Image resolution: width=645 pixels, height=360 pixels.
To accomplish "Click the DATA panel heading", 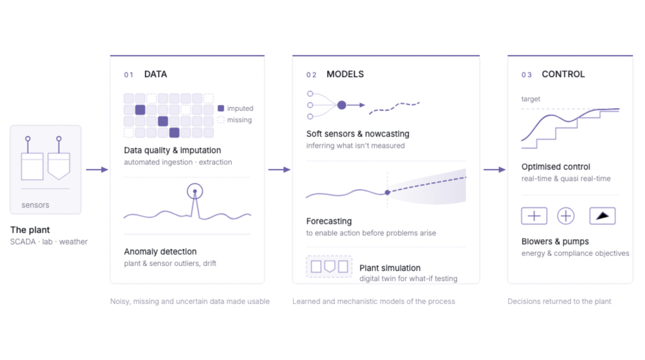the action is [155, 74].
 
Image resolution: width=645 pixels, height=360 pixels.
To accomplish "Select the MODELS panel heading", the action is [345, 74].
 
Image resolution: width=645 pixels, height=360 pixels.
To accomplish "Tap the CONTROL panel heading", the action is [563, 74].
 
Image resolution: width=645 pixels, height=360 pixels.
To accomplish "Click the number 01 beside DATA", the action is [129, 75].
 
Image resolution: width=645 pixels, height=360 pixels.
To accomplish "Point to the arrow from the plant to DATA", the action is [97, 169].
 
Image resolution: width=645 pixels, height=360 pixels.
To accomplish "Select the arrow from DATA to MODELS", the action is [279, 169].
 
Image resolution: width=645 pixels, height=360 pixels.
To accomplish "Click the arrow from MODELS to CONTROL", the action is [494, 169].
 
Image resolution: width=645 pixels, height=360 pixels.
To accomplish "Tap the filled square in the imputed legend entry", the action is [221, 108].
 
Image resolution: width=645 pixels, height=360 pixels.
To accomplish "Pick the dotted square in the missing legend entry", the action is [221, 120].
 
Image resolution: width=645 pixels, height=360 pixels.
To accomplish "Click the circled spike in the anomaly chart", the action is [195, 191].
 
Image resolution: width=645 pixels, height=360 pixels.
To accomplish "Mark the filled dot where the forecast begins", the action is [387, 192].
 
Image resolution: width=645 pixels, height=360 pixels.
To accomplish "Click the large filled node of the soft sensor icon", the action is [342, 105].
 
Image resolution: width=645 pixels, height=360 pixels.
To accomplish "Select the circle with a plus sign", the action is [566, 216].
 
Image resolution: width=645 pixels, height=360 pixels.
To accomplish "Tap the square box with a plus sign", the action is [534, 216].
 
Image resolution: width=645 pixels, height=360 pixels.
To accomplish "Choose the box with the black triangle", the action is [602, 216].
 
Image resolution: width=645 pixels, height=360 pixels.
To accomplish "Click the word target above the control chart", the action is [530, 99].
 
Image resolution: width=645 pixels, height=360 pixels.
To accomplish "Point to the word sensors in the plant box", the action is [36, 205].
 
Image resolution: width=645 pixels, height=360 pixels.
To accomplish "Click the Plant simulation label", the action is [390, 268].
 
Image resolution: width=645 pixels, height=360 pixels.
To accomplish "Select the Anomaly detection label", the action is [160, 251].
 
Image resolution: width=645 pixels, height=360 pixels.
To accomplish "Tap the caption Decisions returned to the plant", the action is [559, 301].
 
